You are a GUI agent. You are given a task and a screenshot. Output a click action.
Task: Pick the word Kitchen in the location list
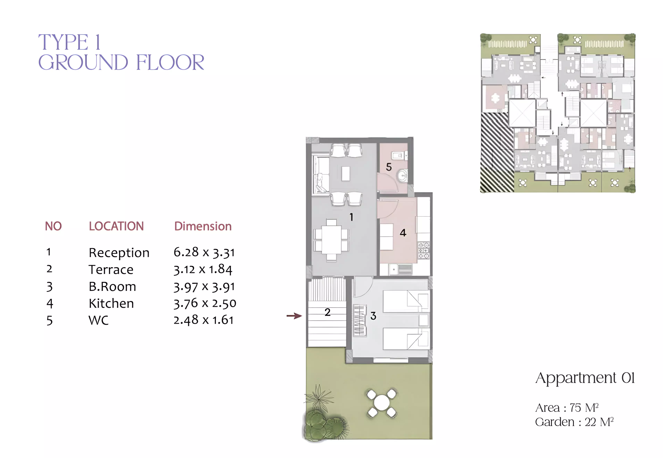(x=111, y=303)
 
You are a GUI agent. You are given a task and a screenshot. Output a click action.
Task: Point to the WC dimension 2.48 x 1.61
(x=204, y=320)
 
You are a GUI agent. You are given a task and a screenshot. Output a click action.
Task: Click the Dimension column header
(x=203, y=226)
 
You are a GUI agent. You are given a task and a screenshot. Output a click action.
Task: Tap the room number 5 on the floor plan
(x=389, y=167)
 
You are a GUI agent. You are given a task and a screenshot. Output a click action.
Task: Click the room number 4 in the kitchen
(x=403, y=233)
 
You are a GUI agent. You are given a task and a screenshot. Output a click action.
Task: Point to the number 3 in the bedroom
(x=373, y=316)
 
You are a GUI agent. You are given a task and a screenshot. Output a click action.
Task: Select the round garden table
(x=381, y=403)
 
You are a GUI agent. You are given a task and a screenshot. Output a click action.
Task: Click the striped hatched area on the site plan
(x=497, y=152)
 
